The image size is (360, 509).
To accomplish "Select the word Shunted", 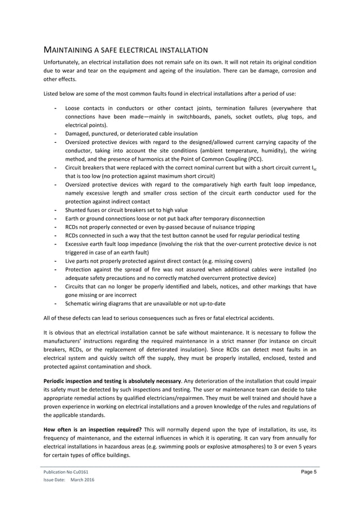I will (x=77, y=210).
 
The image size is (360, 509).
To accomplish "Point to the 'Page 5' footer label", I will (x=307, y=471).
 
